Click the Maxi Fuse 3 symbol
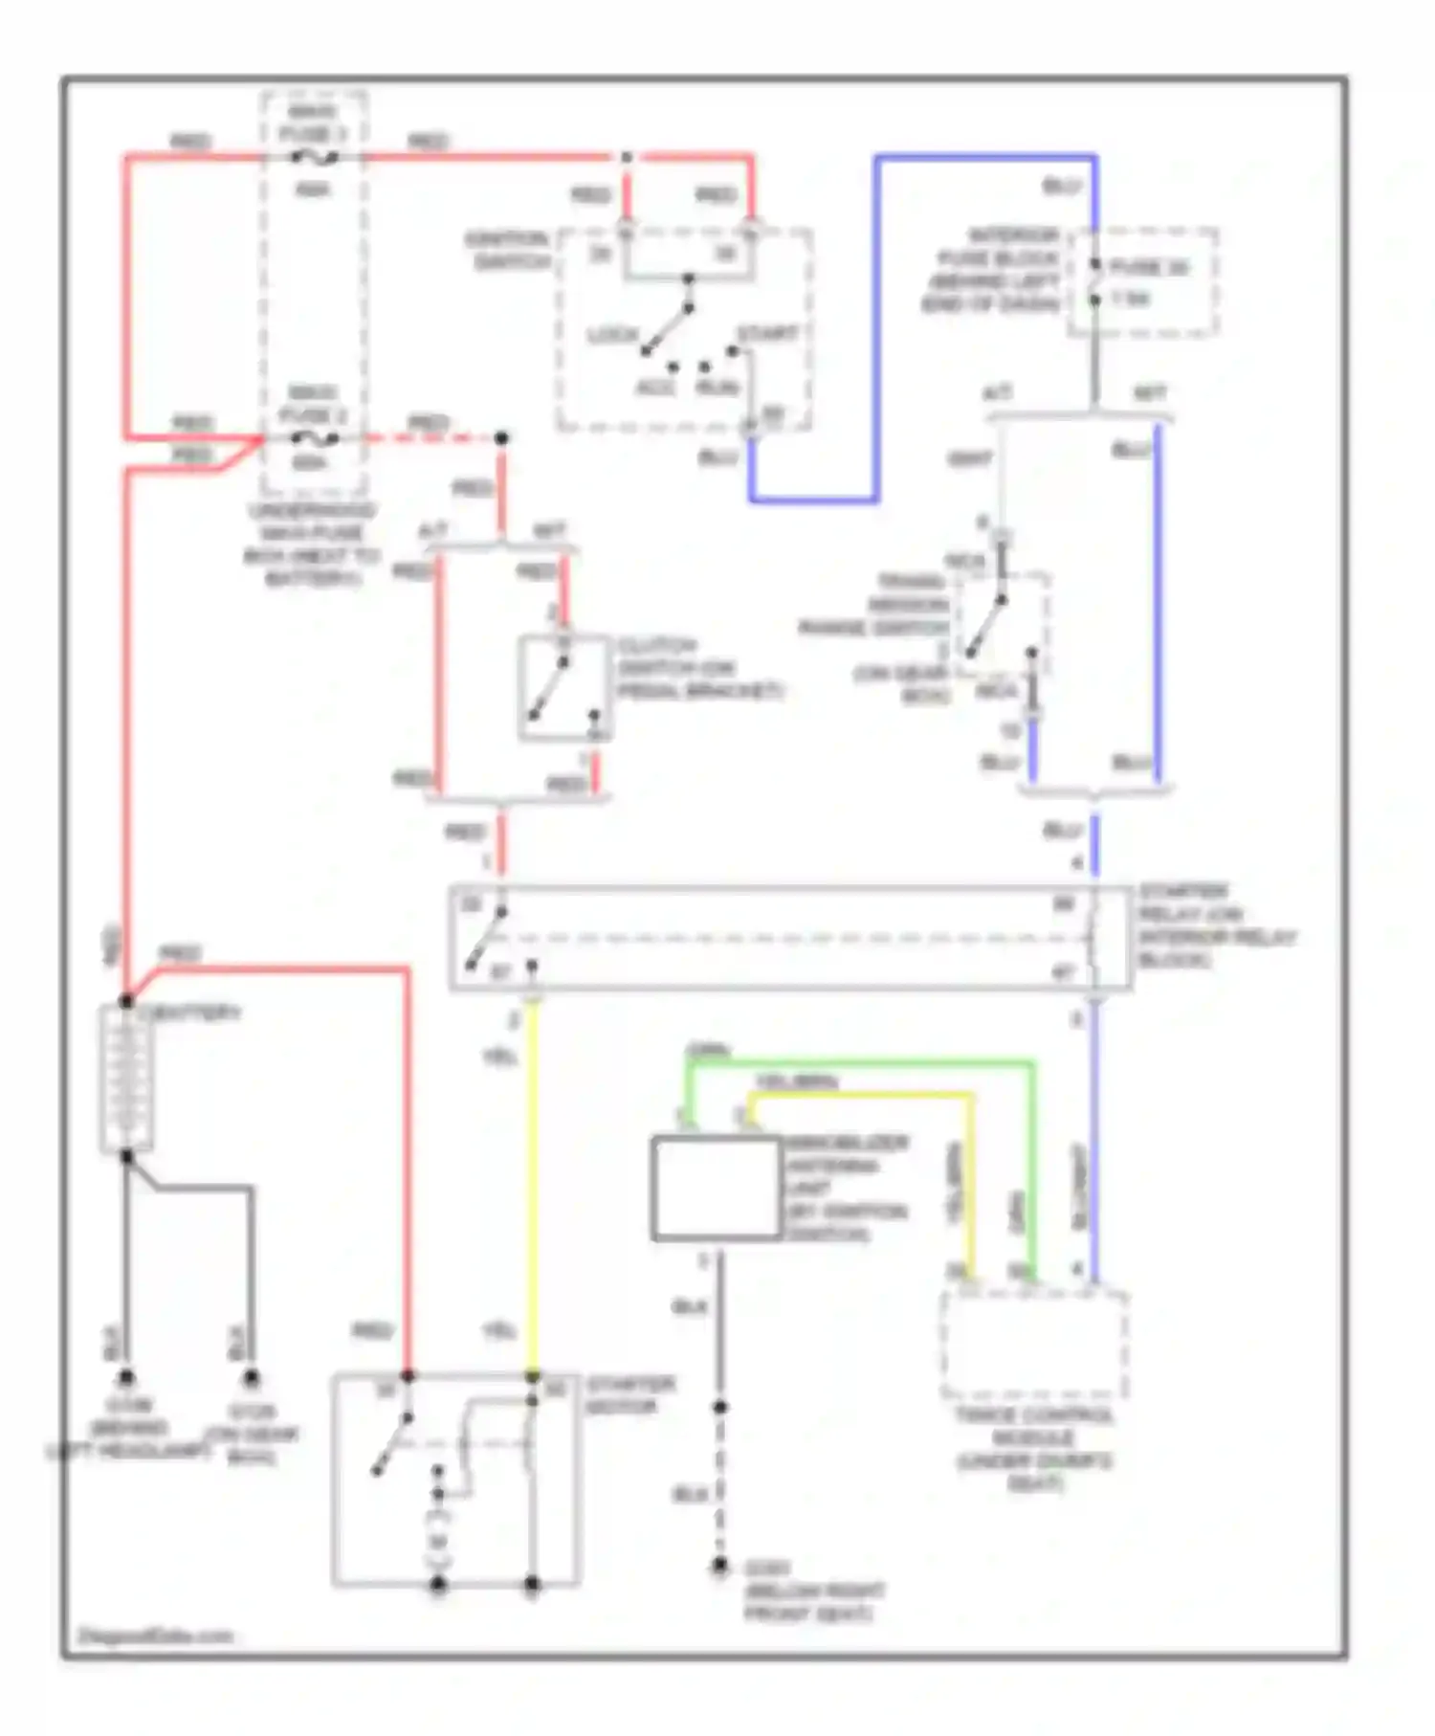click(x=314, y=156)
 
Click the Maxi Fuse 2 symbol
click(x=314, y=438)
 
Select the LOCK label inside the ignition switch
click(x=612, y=335)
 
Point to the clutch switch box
click(x=564, y=688)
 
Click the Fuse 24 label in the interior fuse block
click(x=1149, y=268)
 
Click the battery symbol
click(x=126, y=1079)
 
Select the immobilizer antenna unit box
click(x=716, y=1189)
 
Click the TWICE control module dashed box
click(x=1034, y=1346)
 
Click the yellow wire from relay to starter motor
click(x=533, y=1187)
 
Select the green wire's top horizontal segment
click(x=861, y=1061)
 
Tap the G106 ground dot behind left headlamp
click(x=125, y=1378)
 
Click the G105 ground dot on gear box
click(x=251, y=1378)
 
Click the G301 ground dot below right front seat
click(x=719, y=1566)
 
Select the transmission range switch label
click(x=875, y=605)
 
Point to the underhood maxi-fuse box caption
click(x=312, y=545)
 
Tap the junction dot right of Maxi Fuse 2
click(x=500, y=438)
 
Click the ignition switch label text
click(x=508, y=250)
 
